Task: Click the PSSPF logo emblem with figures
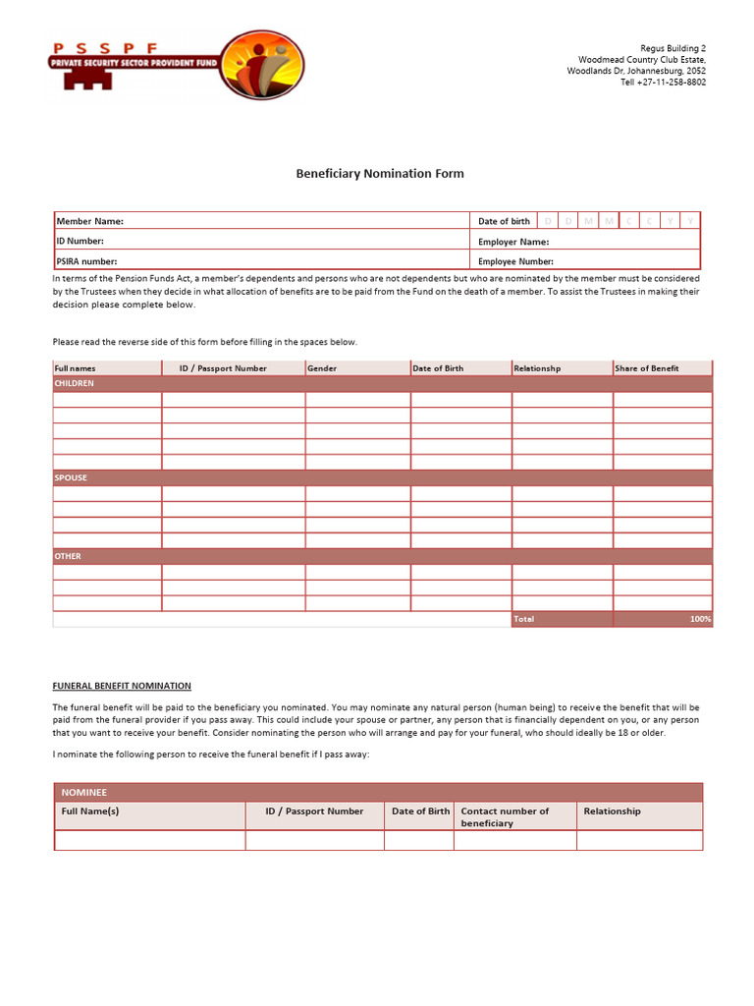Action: click(261, 65)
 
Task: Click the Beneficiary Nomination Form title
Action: click(380, 174)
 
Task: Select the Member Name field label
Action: click(90, 221)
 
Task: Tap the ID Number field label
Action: click(80, 241)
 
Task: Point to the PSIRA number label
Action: click(86, 261)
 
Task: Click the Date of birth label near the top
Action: click(504, 221)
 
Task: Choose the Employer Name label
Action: click(513, 242)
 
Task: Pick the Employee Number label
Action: click(515, 261)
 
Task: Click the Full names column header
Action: click(76, 368)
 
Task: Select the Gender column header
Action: click(322, 368)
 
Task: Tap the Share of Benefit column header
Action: click(646, 368)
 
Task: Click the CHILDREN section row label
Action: click(75, 383)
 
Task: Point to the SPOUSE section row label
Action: click(71, 477)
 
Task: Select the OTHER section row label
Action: click(68, 556)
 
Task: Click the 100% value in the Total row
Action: click(700, 619)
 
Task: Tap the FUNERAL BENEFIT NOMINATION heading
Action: click(122, 686)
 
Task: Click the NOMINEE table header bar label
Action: click(84, 792)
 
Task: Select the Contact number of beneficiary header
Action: click(505, 816)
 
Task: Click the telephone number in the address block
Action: click(663, 83)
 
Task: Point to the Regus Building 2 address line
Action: click(673, 48)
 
